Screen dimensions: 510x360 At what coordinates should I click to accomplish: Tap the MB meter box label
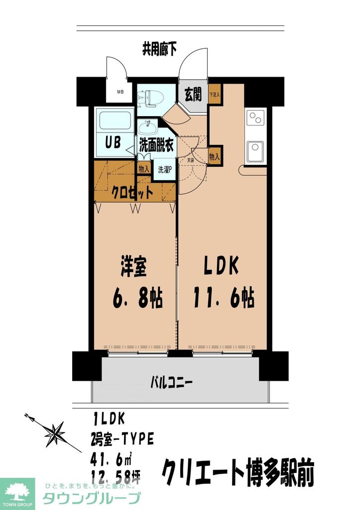120,92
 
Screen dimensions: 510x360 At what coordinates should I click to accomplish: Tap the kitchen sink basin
255,149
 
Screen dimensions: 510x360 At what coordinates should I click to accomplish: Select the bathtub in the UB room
115,121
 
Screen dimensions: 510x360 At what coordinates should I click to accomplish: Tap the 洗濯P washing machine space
165,170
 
